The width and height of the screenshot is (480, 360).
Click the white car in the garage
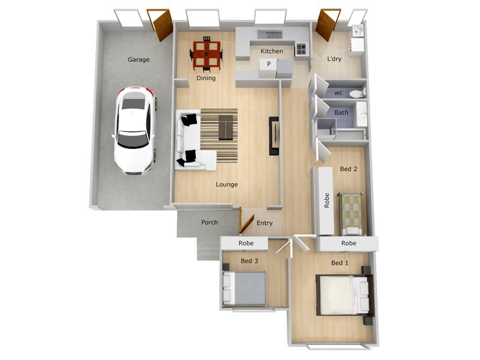click(x=135, y=130)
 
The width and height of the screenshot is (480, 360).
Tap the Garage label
click(x=139, y=59)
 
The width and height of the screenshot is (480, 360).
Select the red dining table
click(x=206, y=53)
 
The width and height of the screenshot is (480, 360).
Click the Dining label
click(x=206, y=78)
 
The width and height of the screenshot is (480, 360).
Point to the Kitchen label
click(x=271, y=52)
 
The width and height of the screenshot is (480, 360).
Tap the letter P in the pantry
click(x=269, y=64)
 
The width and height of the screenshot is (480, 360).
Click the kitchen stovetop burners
click(x=301, y=49)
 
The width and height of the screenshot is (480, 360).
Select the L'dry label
click(x=335, y=59)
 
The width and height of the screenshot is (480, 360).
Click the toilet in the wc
click(x=356, y=93)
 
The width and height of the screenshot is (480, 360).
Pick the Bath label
click(x=341, y=112)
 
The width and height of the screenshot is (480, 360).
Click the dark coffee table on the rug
click(x=226, y=127)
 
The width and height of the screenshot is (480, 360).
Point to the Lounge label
click(x=227, y=184)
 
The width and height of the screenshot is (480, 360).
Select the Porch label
click(x=209, y=223)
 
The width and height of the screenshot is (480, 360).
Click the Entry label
click(x=265, y=223)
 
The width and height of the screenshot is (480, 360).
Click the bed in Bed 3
click(x=245, y=288)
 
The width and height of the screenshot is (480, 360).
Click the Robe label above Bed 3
click(x=245, y=243)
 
